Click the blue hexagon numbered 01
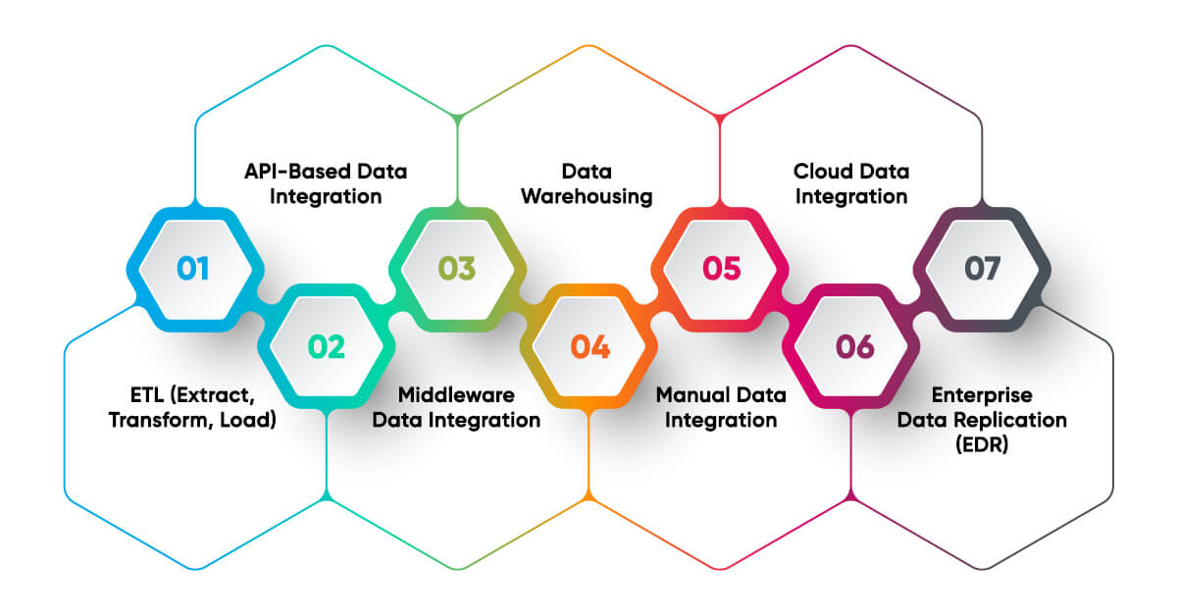[x=194, y=268]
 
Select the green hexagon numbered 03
[x=457, y=268]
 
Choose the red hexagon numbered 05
[x=721, y=268]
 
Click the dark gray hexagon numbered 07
[x=984, y=268]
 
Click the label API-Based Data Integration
[x=326, y=183]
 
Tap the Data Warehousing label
[x=587, y=183]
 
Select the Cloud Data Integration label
[x=851, y=183]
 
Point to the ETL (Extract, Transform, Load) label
[x=194, y=407]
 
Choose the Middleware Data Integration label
[x=469, y=407]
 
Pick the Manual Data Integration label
[x=721, y=407]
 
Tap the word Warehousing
[x=587, y=196]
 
